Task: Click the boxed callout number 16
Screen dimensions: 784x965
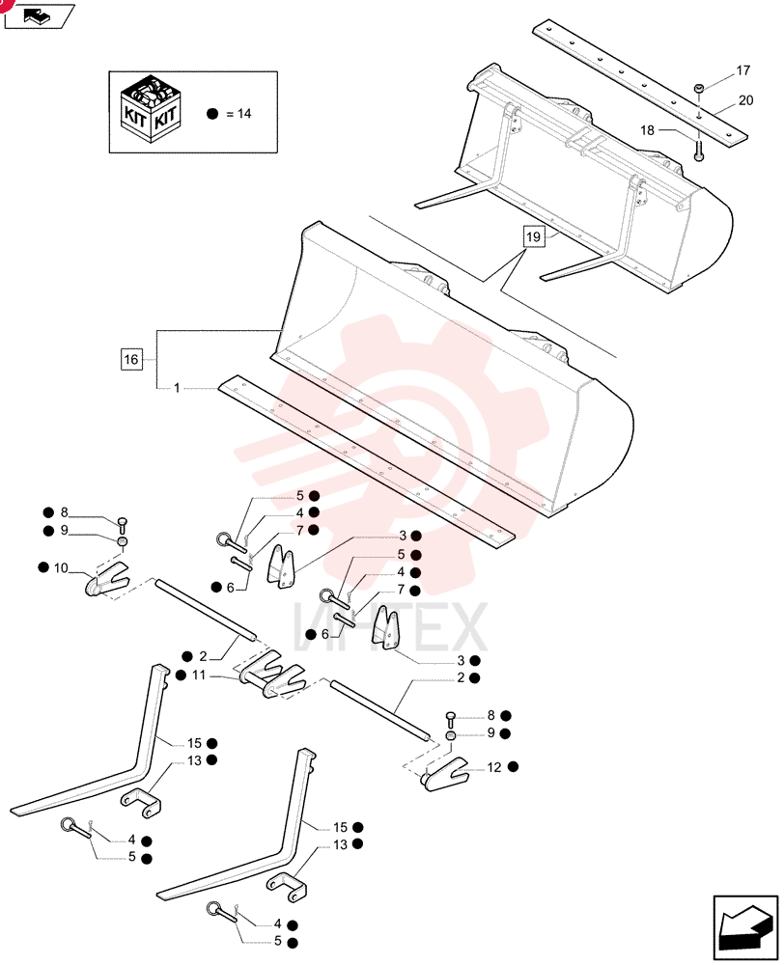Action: [131, 359]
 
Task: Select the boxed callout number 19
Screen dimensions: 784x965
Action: [534, 237]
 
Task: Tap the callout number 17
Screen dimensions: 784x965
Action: [743, 70]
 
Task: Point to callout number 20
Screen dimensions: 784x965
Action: [745, 100]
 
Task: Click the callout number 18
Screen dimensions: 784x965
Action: [647, 130]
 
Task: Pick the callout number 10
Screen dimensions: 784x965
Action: [61, 568]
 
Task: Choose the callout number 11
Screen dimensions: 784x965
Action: [198, 675]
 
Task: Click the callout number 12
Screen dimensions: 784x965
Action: [494, 767]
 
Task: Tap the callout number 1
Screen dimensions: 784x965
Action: [177, 388]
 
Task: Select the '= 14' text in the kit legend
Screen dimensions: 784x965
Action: [238, 114]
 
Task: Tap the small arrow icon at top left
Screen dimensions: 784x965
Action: [39, 16]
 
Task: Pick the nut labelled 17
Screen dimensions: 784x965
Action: [699, 89]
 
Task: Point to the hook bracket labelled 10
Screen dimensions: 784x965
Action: [106, 580]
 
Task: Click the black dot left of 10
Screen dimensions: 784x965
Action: [43, 567]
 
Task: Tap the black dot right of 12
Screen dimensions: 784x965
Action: [513, 767]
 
